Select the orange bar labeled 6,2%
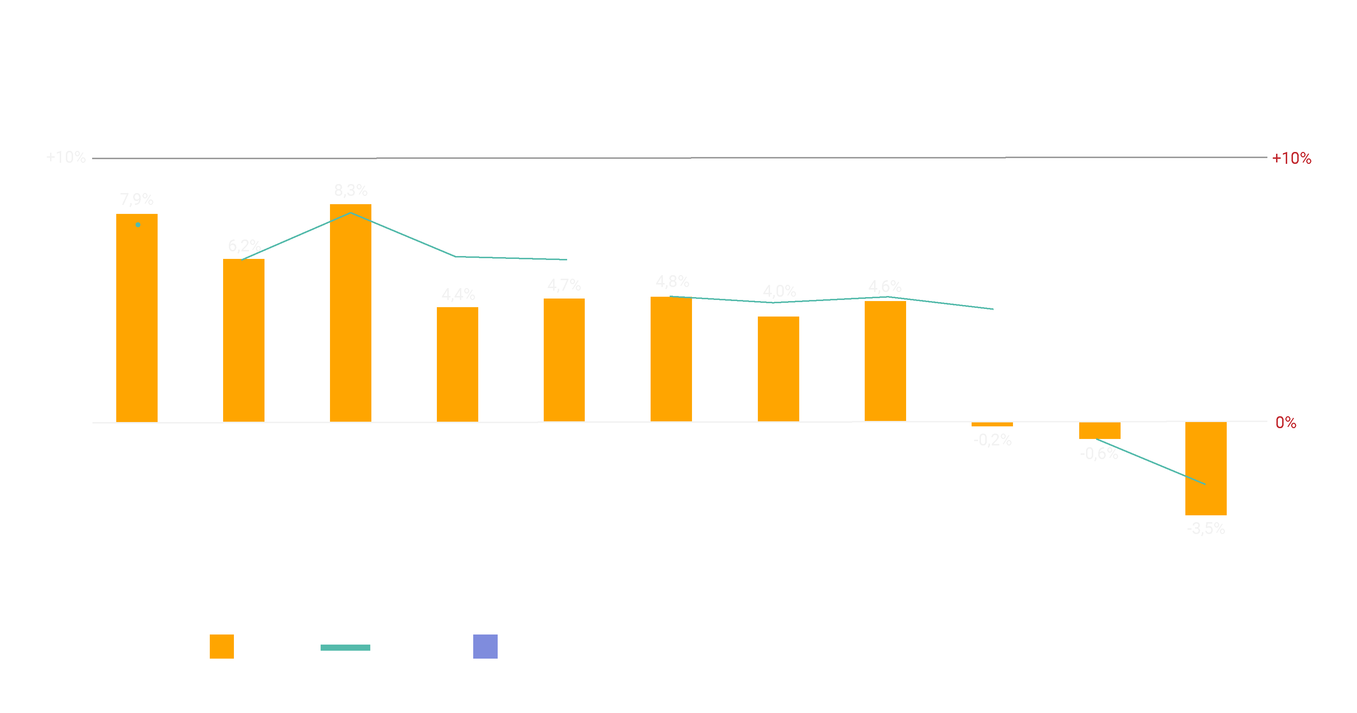tap(243, 340)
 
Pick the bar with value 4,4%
tap(457, 364)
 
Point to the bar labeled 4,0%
tap(778, 369)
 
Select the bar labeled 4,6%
tap(885, 361)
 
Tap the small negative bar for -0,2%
tap(992, 424)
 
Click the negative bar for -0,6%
tap(1099, 431)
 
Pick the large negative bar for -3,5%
tap(1206, 468)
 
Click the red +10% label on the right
tap(1291, 158)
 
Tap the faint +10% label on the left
tap(66, 157)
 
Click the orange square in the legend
tap(222, 647)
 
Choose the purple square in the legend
tap(485, 647)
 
